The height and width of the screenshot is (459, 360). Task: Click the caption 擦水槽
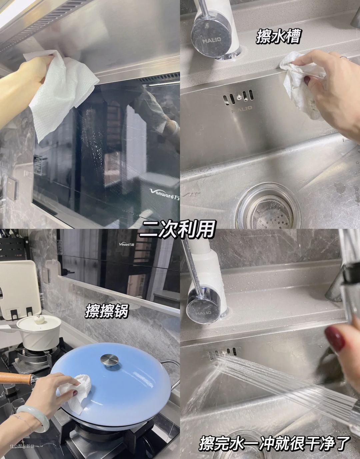[x=278, y=37]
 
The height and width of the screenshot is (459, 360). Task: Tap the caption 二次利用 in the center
[x=177, y=229]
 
